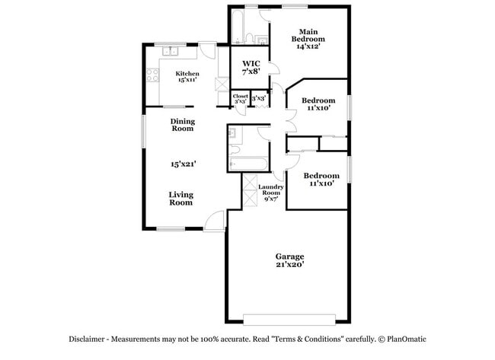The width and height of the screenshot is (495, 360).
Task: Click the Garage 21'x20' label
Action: pos(290,260)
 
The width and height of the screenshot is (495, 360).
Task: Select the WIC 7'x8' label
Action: pos(251,68)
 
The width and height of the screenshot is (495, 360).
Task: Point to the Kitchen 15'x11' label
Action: pos(187,77)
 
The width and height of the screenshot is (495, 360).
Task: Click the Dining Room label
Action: pos(183,125)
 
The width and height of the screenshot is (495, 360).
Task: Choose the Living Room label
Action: pos(181,199)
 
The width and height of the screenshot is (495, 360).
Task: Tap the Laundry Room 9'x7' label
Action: pos(271,193)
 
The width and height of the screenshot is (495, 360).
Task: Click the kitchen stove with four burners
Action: pos(152,75)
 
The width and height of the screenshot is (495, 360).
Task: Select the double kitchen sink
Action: pos(171,51)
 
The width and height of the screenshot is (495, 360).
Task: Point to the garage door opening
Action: pos(289,320)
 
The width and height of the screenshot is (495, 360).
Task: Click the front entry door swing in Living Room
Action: pos(214,221)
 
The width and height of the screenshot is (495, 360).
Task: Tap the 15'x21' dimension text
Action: pos(184,164)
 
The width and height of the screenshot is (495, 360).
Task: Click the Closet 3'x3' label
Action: pos(241,99)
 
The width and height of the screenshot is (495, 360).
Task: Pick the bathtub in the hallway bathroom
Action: pos(249,164)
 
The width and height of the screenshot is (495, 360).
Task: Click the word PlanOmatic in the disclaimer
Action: pos(407,339)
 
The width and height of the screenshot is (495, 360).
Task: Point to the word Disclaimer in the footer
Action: pos(87,339)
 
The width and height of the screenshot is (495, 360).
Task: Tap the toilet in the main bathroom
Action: pos(249,38)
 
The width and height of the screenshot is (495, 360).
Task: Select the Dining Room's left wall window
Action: pos(144,131)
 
